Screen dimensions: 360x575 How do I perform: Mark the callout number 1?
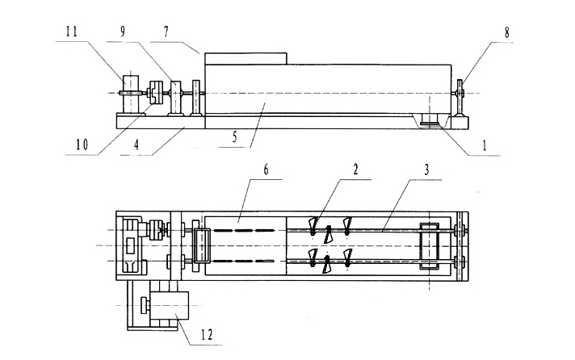pos(483,146)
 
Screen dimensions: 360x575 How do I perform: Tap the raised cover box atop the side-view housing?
pos(246,59)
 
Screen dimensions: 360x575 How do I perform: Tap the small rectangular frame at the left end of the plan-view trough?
pos(201,245)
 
